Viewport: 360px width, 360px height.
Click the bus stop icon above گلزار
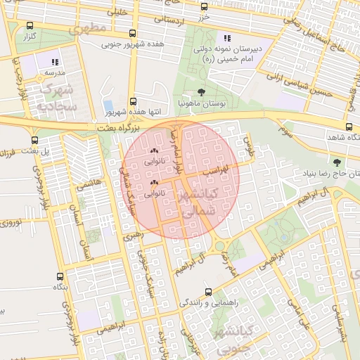[x=30, y=25]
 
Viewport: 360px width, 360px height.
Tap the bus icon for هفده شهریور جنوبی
[x=134, y=34]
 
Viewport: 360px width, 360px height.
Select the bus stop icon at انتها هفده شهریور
[x=134, y=101]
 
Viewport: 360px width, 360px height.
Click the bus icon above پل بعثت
[x=30, y=139]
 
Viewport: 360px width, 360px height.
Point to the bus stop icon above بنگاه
[x=58, y=276]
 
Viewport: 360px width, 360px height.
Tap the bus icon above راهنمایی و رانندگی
[x=208, y=291]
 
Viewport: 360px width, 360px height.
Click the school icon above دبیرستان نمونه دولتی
[x=226, y=38]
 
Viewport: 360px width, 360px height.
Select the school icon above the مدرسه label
[x=56, y=62]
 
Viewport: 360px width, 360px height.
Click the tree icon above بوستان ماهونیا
[x=202, y=92]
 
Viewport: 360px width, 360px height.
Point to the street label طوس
[x=247, y=146]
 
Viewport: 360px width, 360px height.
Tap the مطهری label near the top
[x=89, y=30]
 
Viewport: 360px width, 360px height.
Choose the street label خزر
[x=205, y=15]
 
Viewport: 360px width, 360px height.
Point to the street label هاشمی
[x=92, y=183]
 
